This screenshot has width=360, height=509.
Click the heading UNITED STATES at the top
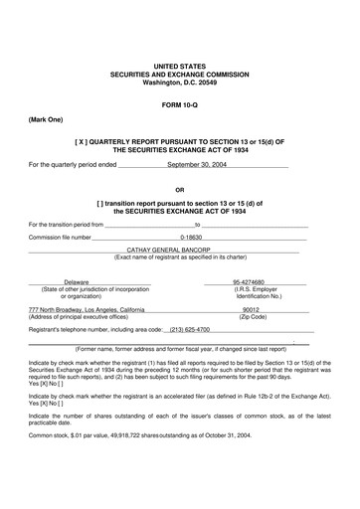click(x=180, y=66)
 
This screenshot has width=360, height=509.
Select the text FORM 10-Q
click(x=180, y=104)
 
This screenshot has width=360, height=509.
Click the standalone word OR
click(x=180, y=189)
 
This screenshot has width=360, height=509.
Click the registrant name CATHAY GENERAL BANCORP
click(x=180, y=251)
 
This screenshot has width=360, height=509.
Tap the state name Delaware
click(x=77, y=281)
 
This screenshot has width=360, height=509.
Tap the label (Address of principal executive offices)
click(x=87, y=316)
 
